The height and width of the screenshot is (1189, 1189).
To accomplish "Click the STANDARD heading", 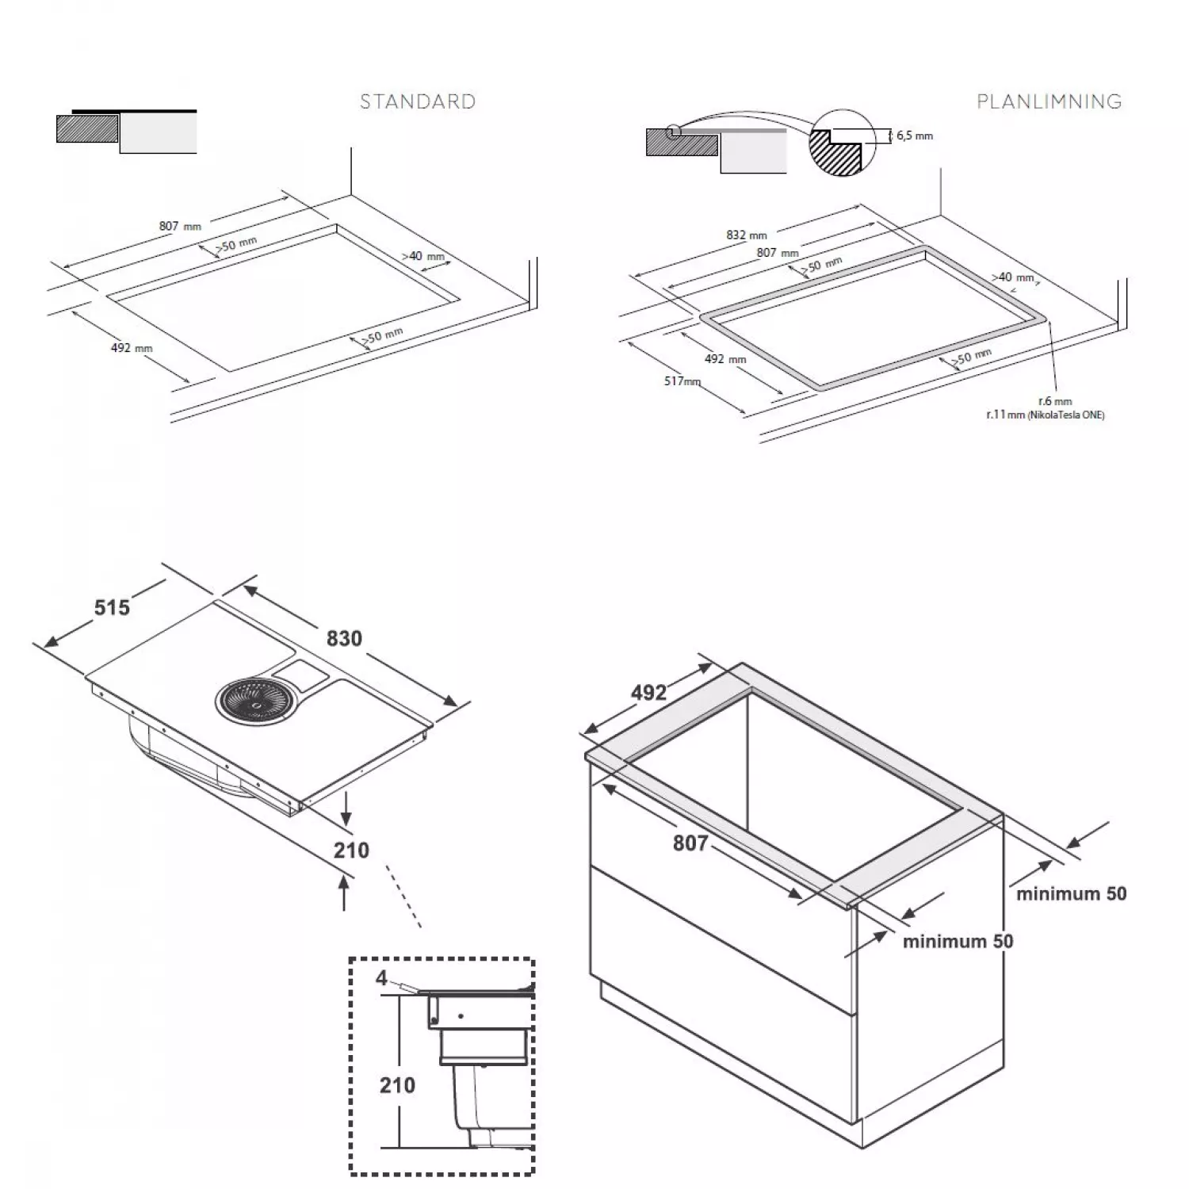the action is [x=418, y=101].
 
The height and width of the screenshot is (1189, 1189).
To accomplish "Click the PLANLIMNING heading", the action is [x=1049, y=101].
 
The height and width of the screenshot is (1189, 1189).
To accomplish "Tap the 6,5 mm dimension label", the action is [x=915, y=136].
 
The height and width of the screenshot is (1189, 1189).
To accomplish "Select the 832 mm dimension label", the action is [x=747, y=235].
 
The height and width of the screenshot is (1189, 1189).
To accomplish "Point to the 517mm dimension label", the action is [x=682, y=381].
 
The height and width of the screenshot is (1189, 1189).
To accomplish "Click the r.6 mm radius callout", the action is [x=1055, y=402].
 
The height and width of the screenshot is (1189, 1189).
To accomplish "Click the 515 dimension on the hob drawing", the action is [x=112, y=607].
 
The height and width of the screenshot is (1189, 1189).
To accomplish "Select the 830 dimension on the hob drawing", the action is [x=344, y=638].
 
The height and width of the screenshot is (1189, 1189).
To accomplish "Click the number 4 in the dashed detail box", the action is [x=381, y=978].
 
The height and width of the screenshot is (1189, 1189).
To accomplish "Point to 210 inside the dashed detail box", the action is [x=397, y=1084].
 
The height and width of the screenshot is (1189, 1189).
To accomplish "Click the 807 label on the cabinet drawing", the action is [x=690, y=843].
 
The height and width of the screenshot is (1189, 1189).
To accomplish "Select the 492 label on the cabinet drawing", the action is [x=648, y=693].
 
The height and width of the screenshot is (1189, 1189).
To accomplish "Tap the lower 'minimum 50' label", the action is [x=958, y=941].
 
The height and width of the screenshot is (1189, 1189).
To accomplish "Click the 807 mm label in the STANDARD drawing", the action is [x=180, y=226].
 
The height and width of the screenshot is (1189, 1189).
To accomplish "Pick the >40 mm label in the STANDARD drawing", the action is [x=422, y=256].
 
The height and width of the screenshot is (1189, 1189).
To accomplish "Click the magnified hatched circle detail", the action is [x=841, y=143].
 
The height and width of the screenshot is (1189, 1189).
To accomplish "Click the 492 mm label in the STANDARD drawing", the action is [x=132, y=347].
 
